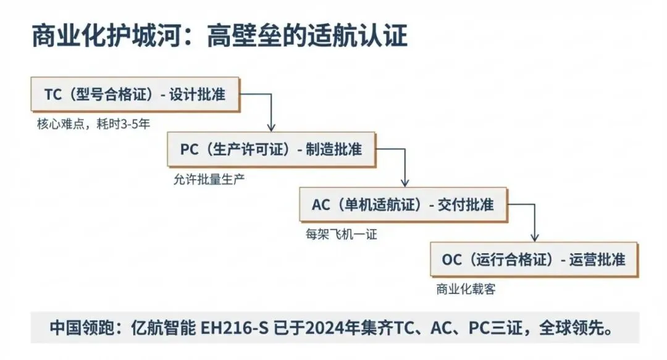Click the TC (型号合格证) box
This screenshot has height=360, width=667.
click(x=135, y=94)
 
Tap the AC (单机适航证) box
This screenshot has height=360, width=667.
click(x=403, y=204)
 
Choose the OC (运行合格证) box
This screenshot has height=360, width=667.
click(x=534, y=259)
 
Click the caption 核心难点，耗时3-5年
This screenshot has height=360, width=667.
click(x=93, y=123)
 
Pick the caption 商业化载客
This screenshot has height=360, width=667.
click(x=466, y=289)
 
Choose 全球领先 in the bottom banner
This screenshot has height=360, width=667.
click(x=581, y=328)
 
